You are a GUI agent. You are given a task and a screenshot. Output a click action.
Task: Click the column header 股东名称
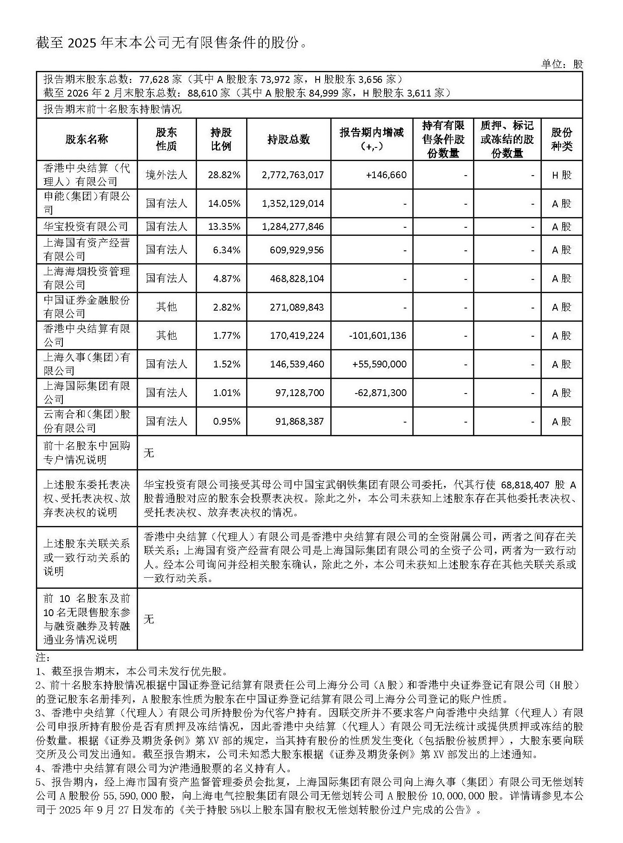click(87, 139)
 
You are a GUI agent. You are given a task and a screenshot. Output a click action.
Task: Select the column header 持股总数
click(288, 139)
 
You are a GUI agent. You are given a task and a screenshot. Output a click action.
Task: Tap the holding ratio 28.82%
click(224, 175)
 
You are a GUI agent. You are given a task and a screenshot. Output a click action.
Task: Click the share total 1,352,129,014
click(293, 203)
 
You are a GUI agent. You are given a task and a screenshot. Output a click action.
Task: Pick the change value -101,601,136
click(378, 335)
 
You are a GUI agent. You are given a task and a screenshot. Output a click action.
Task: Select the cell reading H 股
click(561, 175)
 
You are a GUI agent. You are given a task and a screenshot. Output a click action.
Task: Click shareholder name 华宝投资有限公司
click(86, 226)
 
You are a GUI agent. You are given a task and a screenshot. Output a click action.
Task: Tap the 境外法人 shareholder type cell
click(166, 175)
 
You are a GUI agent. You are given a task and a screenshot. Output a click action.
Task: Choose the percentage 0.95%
click(226, 421)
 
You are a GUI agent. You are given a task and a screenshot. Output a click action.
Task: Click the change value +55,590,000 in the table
click(379, 364)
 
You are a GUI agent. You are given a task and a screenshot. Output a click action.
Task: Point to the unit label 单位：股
click(562, 64)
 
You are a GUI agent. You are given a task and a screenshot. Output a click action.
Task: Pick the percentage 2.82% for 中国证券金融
click(226, 307)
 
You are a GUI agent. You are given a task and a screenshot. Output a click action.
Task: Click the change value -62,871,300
click(380, 393)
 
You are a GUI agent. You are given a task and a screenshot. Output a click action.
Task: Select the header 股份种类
click(561, 139)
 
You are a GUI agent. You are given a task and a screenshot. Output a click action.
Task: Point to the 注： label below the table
click(43, 657)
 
